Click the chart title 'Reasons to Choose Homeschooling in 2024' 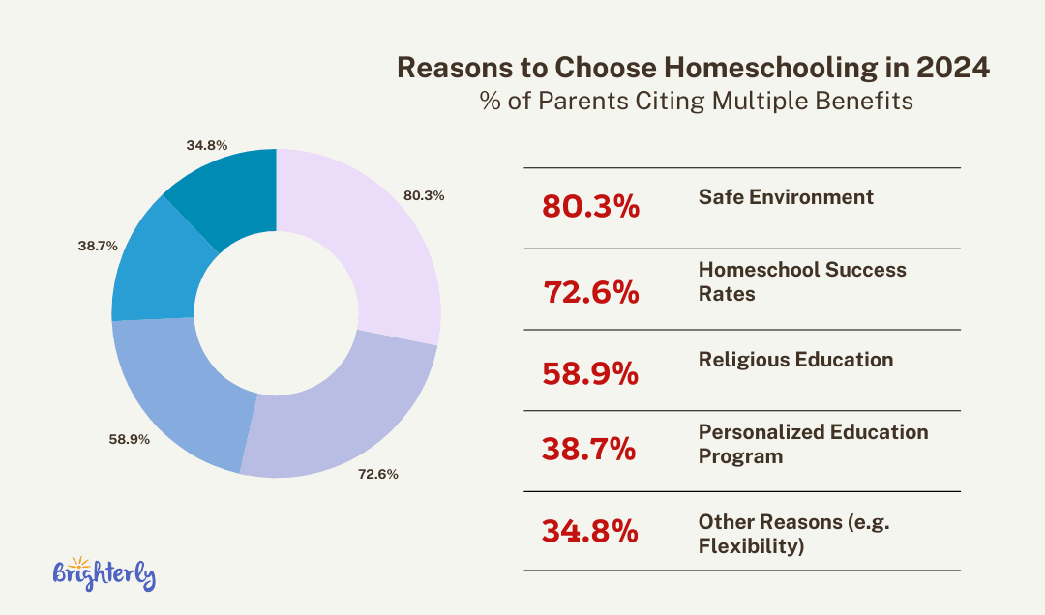click(694, 69)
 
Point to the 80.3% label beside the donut click(424, 195)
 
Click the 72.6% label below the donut click(377, 475)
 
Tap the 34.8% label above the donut click(206, 146)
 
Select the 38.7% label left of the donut click(98, 247)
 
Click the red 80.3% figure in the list click(590, 207)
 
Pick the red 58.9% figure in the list click(590, 373)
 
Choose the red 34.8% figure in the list click(590, 531)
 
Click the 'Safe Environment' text click(786, 197)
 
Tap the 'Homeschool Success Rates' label click(802, 281)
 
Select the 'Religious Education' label click(795, 360)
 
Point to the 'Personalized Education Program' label click(813, 444)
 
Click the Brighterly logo click(104, 573)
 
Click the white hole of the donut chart click(277, 311)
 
